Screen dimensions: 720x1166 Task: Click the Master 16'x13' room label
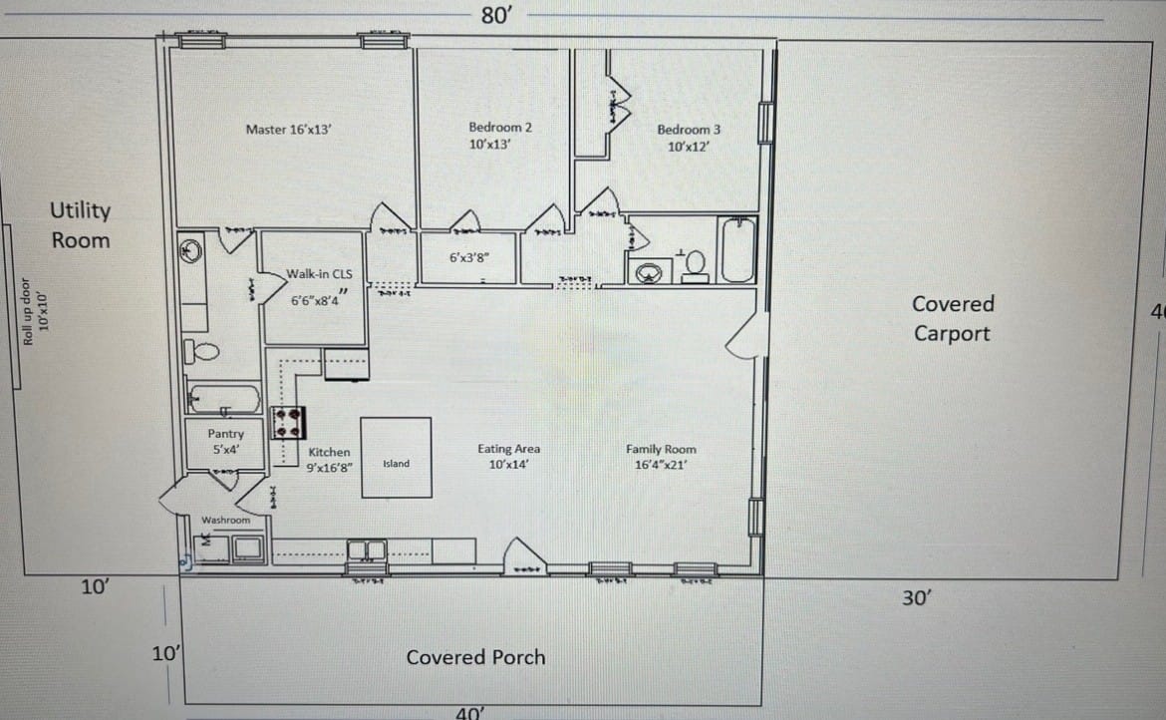(281, 129)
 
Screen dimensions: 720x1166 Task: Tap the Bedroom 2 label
(500, 136)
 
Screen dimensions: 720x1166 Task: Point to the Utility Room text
(81, 225)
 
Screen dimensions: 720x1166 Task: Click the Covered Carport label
(953, 318)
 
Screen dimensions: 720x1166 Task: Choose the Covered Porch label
(475, 657)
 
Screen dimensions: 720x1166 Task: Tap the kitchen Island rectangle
(396, 458)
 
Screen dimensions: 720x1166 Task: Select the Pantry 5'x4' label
(225, 442)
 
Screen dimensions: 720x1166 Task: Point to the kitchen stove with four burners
(289, 424)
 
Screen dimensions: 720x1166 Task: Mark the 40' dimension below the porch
(469, 712)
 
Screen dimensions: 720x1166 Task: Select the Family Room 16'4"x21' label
(661, 457)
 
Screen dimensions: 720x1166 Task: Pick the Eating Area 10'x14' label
(508, 457)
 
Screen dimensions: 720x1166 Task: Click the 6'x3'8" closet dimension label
(468, 257)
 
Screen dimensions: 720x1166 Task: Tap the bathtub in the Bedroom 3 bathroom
(738, 249)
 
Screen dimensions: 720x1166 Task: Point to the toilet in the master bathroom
(205, 351)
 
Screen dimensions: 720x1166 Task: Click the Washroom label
(225, 520)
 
